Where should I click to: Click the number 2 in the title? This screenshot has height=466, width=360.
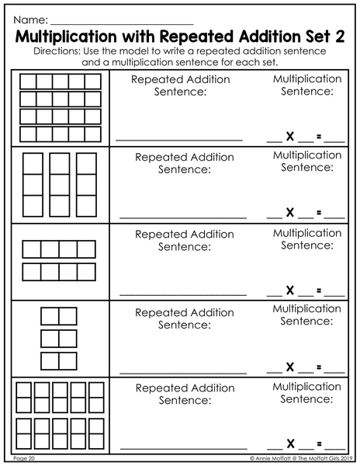(x=340, y=37)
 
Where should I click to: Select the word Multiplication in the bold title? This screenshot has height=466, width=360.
(x=66, y=37)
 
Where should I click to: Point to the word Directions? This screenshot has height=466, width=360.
(x=57, y=51)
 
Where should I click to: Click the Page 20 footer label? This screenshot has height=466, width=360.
(x=24, y=458)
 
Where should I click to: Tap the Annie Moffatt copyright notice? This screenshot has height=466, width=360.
(x=301, y=458)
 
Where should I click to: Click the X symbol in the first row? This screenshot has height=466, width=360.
(x=290, y=137)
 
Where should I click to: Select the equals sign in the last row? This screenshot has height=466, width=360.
(x=319, y=444)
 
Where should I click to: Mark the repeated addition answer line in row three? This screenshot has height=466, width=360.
(x=183, y=295)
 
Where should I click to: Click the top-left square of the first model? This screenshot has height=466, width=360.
(x=28, y=82)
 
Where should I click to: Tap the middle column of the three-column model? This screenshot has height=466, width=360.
(x=60, y=185)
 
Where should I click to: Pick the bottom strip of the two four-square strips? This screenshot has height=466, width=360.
(x=59, y=272)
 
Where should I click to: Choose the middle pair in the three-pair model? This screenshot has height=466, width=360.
(x=59, y=339)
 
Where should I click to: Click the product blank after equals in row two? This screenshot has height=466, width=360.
(x=334, y=217)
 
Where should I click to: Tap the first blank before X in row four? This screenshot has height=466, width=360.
(x=275, y=372)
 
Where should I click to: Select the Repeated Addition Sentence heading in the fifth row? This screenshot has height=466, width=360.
(x=185, y=394)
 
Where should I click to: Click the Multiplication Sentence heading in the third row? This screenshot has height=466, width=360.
(x=307, y=239)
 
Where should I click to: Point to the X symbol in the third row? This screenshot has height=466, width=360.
(x=290, y=290)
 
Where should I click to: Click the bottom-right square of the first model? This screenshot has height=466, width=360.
(x=93, y=134)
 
